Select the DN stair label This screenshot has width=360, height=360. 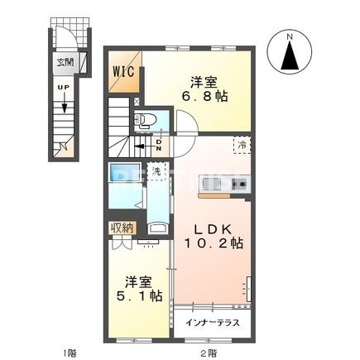(x=159, y=146)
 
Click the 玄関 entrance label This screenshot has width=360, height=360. (x=64, y=61)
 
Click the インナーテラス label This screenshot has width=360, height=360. (x=214, y=323)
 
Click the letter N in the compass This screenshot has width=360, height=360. (x=290, y=36)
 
